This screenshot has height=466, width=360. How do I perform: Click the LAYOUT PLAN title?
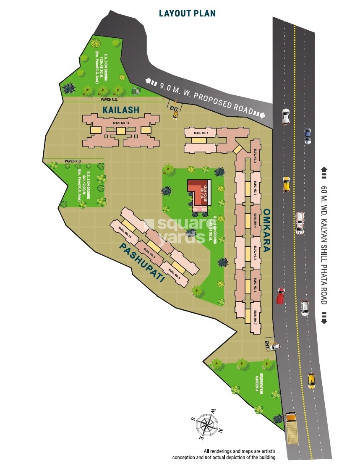187,13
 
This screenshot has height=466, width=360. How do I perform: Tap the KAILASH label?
120,110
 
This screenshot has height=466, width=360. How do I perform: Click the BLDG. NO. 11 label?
121,123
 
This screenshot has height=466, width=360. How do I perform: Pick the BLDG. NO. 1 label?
200,133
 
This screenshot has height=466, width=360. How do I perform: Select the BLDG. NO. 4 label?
255,220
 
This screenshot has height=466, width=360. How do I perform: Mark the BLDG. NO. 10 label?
125,233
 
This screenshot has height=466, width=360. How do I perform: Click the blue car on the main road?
308,136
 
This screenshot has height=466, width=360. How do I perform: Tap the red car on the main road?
280,296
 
